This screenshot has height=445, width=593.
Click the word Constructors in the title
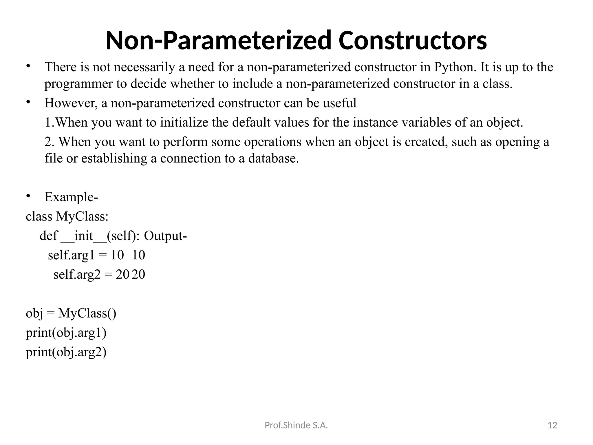[412, 41]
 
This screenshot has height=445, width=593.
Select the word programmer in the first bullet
[78, 84]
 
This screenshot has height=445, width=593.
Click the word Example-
[71, 197]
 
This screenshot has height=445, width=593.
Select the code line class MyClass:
[67, 217]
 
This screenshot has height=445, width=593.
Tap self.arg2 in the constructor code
[77, 275]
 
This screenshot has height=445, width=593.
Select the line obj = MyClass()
[71, 313]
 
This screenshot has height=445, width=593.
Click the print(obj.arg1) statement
[66, 333]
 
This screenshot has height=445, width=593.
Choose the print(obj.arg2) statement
[66, 352]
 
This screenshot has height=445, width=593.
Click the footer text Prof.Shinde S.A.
[296, 425]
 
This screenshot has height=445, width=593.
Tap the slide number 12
[552, 425]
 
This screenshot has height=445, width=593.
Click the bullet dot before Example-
[28, 196]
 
